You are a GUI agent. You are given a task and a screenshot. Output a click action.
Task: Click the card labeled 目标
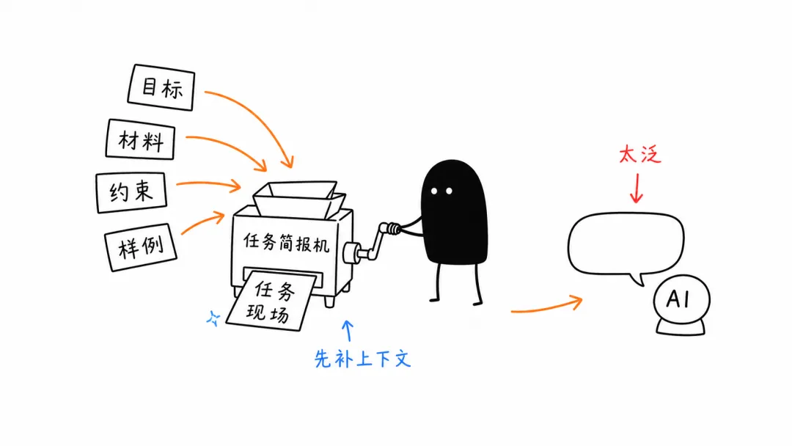tap(161, 87)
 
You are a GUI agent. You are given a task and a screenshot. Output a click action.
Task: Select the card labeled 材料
tap(140, 139)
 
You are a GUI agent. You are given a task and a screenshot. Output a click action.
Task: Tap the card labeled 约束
tap(131, 192)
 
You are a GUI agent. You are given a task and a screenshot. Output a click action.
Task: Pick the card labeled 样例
tap(140, 247)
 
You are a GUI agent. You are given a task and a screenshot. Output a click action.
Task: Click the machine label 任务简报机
tap(287, 243)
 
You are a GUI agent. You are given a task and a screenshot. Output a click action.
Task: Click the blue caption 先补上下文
tap(363, 359)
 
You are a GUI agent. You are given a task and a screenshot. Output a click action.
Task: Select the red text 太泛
tap(640, 154)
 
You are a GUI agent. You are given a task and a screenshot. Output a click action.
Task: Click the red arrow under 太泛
tap(637, 188)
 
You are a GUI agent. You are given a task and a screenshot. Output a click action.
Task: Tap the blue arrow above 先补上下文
tap(348, 330)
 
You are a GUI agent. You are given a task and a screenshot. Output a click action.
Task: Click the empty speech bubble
tap(626, 245)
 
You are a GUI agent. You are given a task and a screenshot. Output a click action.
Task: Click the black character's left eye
tap(434, 191)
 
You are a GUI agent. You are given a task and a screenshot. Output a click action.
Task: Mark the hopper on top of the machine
tap(299, 199)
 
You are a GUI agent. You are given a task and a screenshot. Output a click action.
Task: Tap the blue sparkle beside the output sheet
tap(213, 318)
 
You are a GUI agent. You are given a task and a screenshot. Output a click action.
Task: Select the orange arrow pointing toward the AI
tap(546, 307)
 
